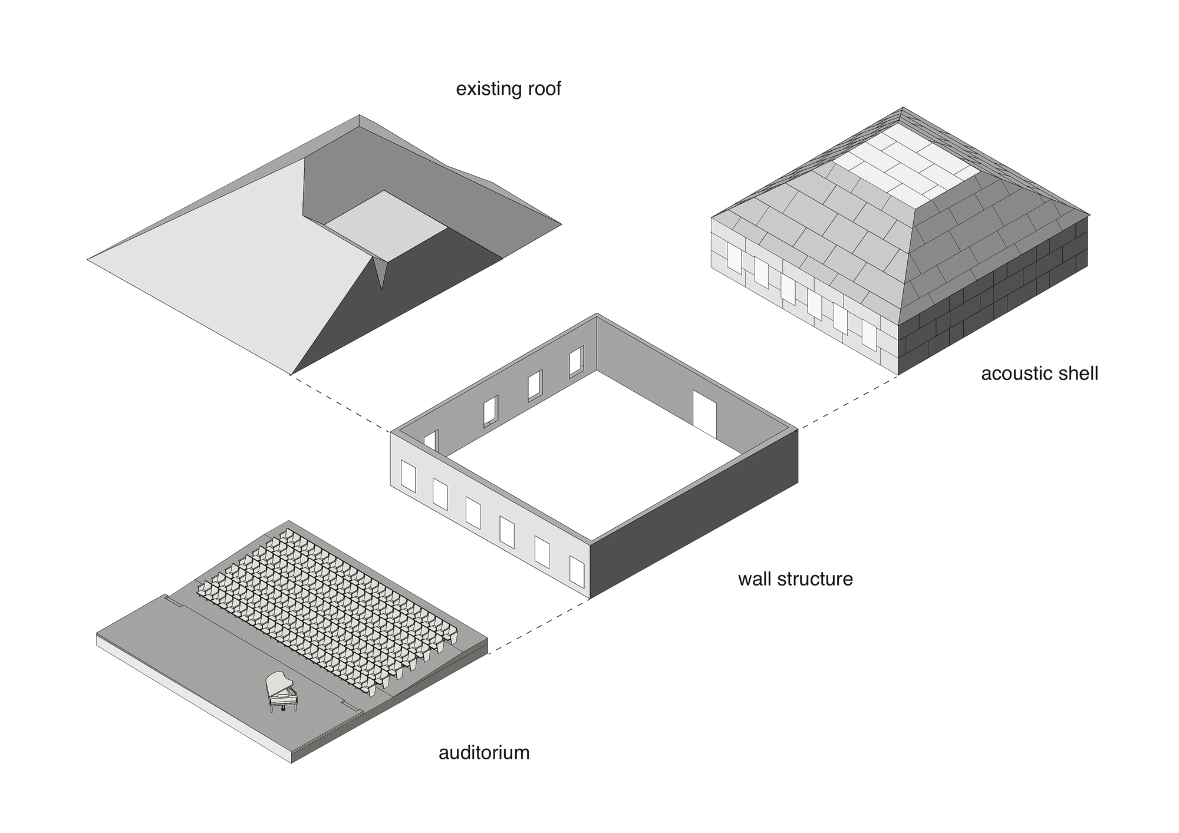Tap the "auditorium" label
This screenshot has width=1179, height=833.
(x=484, y=752)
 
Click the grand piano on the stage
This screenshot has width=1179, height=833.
(x=281, y=691)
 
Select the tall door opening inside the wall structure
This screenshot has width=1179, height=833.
(x=704, y=412)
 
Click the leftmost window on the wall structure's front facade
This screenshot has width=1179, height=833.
(x=408, y=477)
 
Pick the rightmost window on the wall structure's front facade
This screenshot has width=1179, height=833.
(x=577, y=571)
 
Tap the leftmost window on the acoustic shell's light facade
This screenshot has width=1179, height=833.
(x=733, y=259)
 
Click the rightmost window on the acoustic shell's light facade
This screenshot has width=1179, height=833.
(x=869, y=334)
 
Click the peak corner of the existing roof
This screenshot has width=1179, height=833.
(x=360, y=116)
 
